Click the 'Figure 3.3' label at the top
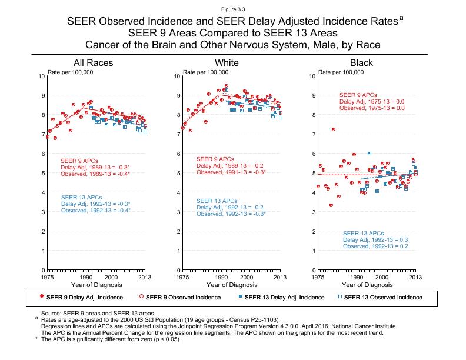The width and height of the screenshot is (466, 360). click(x=232, y=9)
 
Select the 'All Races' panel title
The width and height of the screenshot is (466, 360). click(x=93, y=63)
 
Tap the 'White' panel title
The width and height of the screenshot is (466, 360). click(x=227, y=63)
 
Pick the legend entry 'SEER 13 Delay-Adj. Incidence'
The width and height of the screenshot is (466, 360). click(x=283, y=297)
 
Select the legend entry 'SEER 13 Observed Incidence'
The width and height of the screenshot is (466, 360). click(x=382, y=297)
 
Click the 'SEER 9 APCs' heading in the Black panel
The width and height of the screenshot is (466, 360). click(x=360, y=95)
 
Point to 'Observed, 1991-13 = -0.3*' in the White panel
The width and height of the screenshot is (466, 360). click(x=231, y=172)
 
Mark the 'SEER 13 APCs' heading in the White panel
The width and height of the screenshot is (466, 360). click(x=217, y=201)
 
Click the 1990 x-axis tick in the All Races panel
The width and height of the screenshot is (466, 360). click(x=86, y=277)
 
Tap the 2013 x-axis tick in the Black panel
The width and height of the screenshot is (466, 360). click(x=415, y=277)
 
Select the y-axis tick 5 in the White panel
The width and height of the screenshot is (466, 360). click(x=178, y=174)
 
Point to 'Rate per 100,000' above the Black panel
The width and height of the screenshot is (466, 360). click(x=341, y=72)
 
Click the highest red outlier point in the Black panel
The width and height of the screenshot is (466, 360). click(x=333, y=129)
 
